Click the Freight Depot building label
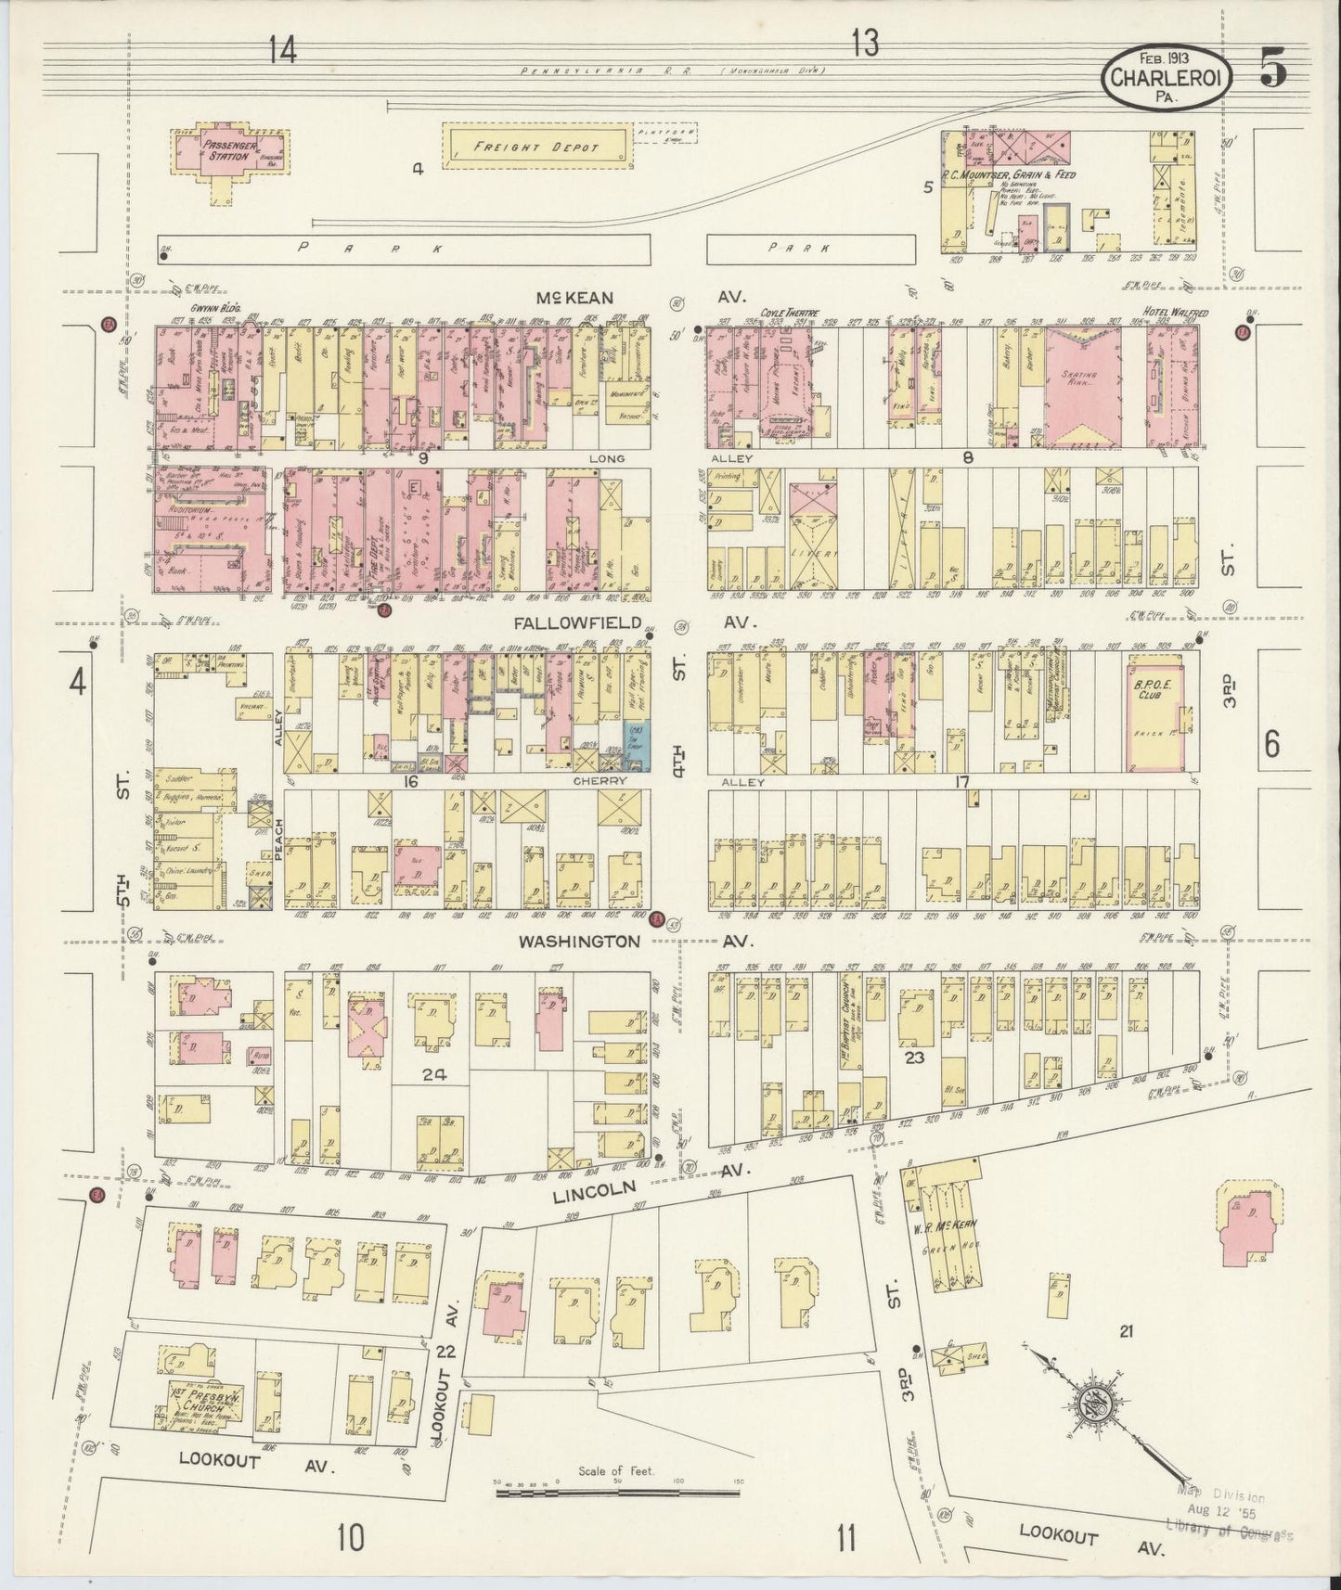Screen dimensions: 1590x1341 pyautogui.click(x=537, y=147)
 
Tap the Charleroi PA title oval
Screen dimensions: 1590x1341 pyautogui.click(x=1167, y=78)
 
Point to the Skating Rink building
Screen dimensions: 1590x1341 pyautogui.click(x=1083, y=382)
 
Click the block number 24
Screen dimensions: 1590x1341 pyautogui.click(x=433, y=1075)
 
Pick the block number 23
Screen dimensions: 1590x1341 pyautogui.click(x=916, y=1057)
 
